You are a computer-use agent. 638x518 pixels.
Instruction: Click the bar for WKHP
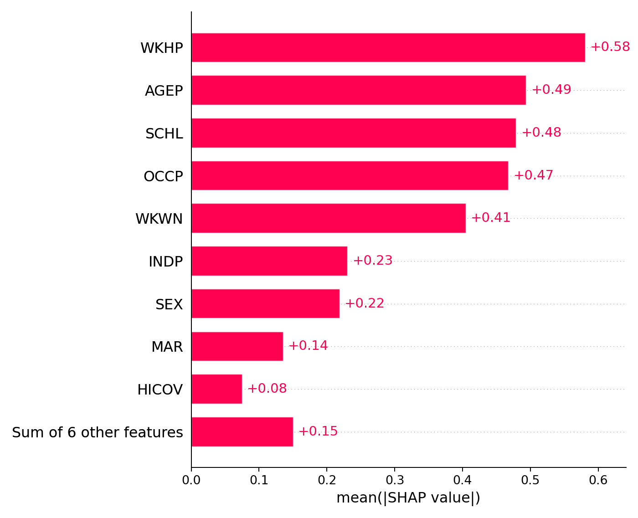pos(388,47)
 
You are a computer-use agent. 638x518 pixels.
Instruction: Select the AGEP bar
pos(358,90)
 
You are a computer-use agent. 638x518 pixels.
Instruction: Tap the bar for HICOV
pos(216,389)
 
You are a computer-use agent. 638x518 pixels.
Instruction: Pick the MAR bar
pos(237,346)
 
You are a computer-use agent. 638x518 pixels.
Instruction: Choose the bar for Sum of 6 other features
pos(242,432)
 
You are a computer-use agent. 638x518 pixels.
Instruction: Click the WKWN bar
pos(328,218)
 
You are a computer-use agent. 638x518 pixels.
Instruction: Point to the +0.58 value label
pos(610,47)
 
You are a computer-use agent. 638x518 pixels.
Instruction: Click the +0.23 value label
pos(373,261)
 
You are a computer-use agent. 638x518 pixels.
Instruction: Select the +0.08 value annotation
pos(267,389)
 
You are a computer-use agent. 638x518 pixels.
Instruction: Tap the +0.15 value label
pos(318,431)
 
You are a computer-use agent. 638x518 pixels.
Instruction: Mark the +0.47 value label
pos(534,175)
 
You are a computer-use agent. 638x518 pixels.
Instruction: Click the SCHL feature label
pos(164,134)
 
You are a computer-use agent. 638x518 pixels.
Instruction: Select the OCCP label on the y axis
pos(163,176)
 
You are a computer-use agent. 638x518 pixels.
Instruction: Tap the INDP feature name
pos(165,262)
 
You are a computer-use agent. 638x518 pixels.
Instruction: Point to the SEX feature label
pos(169,304)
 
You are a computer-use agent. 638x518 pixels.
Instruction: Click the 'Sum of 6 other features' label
pos(98,432)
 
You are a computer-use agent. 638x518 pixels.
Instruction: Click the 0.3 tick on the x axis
pos(395,480)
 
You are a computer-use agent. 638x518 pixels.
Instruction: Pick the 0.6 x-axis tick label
pos(598,480)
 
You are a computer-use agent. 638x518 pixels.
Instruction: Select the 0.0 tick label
pos(191,480)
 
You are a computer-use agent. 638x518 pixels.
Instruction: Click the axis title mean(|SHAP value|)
pos(408,498)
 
